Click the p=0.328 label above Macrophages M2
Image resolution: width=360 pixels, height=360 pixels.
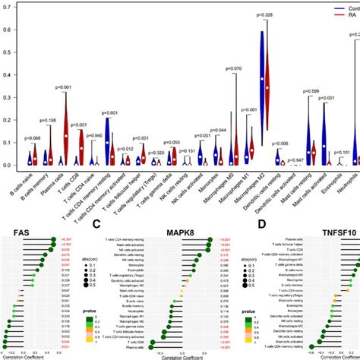(264, 15)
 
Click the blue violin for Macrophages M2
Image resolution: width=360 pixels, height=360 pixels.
(260, 65)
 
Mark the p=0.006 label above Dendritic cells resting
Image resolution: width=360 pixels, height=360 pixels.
(280, 144)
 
